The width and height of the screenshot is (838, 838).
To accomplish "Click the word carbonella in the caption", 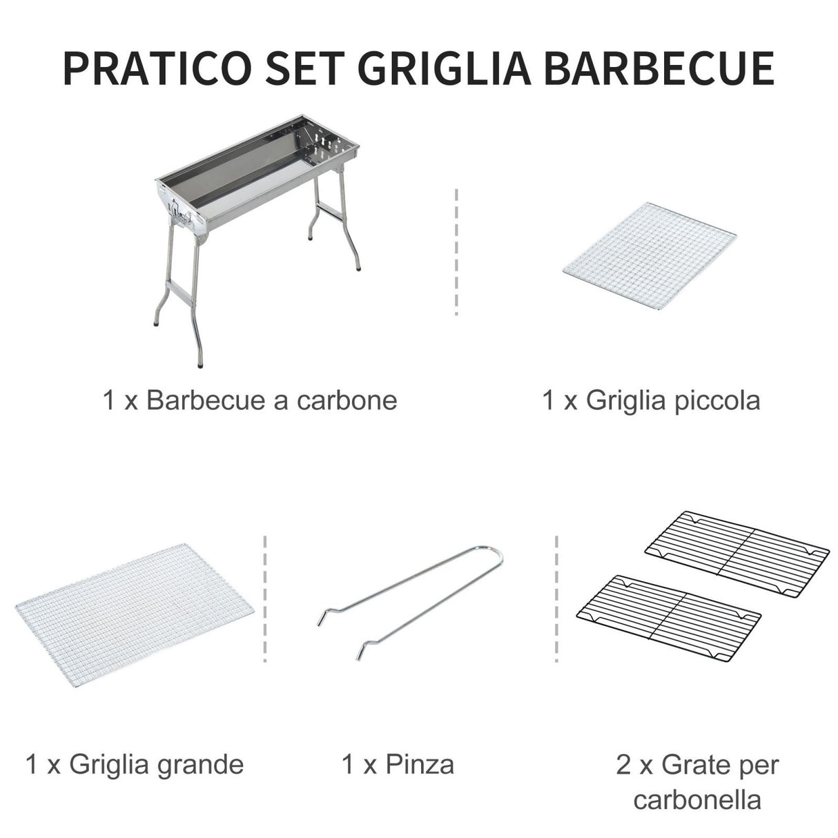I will point(696,800).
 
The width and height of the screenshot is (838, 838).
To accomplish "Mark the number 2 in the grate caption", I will point(624,764).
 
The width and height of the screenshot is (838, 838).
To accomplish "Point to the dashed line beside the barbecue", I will point(456,251).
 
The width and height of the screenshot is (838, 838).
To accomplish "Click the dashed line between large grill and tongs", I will point(265,598).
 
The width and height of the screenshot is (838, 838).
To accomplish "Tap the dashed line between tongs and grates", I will point(556,598).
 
